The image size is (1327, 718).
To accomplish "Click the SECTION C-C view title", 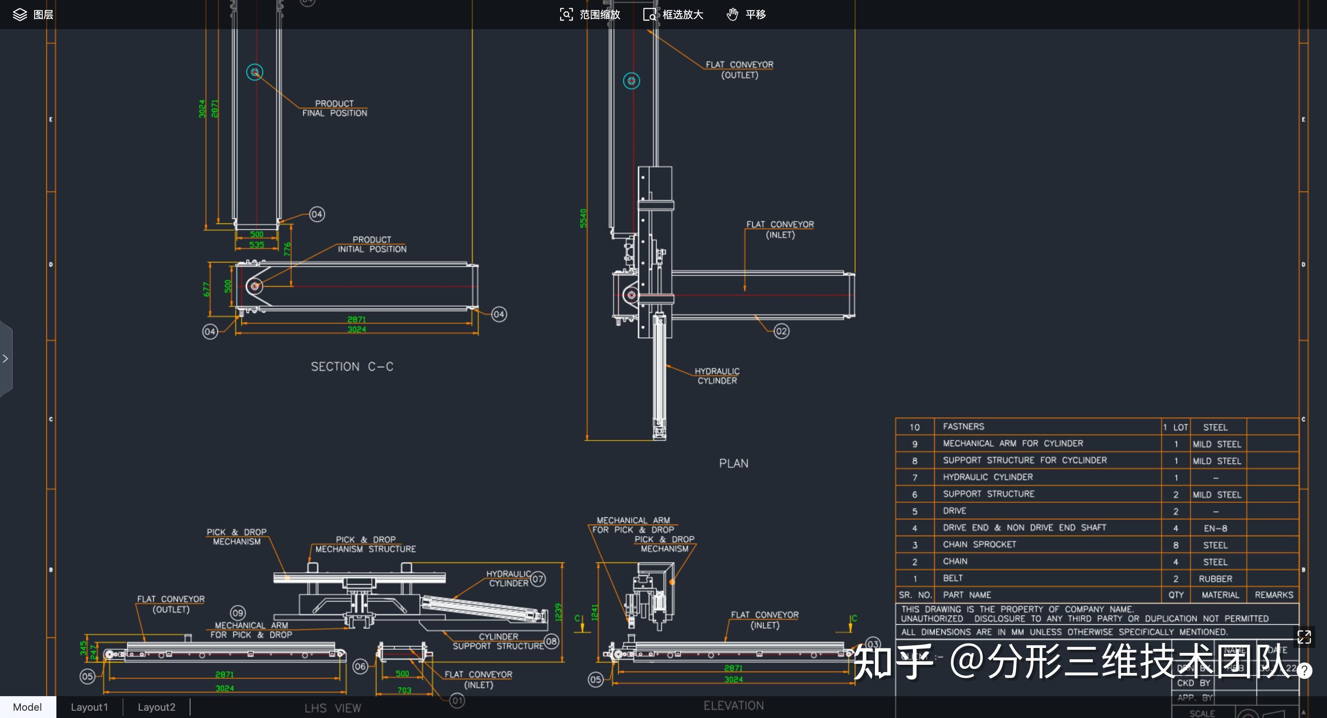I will click(352, 366).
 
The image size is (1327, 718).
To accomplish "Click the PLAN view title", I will click(734, 463).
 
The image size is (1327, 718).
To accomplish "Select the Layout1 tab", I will click(89, 707).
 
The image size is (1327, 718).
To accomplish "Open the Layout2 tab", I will click(156, 707).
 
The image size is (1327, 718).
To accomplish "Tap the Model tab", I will click(27, 707).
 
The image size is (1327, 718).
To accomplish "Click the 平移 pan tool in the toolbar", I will click(746, 15).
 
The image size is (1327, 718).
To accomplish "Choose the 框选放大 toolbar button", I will click(674, 15).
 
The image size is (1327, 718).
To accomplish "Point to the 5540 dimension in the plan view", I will click(583, 218).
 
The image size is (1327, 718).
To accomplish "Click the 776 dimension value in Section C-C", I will click(287, 249).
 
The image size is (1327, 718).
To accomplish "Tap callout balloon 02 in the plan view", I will click(781, 331).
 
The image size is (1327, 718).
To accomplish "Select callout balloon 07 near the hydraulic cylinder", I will click(538, 579).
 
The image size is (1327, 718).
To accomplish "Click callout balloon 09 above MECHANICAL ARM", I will click(237, 613).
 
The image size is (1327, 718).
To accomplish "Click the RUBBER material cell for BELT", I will click(1215, 579).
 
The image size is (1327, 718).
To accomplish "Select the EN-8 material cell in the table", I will click(1215, 528).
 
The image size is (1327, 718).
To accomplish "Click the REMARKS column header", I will click(1273, 595).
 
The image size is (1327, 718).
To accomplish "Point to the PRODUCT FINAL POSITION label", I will click(334, 108).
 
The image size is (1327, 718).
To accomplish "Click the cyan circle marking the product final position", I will click(255, 72).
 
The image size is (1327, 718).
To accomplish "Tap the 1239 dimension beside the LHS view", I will click(558, 612).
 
